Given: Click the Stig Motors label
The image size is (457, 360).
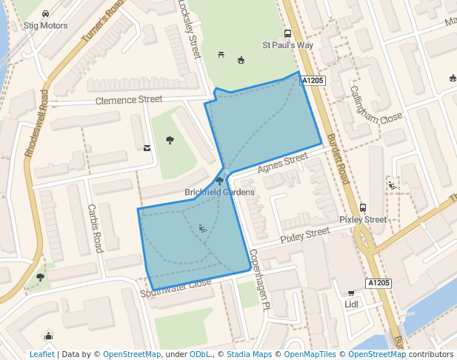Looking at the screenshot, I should click(45, 25).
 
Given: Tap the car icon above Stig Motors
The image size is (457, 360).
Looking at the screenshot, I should click(46, 13).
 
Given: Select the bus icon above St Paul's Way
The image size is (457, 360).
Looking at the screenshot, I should click(287, 33).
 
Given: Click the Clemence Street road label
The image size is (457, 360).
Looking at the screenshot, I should click(129, 99).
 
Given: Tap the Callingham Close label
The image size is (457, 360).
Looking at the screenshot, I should click(376, 104).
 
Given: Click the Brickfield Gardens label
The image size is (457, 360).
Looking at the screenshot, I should click(219, 192).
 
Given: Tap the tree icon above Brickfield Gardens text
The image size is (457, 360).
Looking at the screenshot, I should click(219, 181).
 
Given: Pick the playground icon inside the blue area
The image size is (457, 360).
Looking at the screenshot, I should click(202, 228).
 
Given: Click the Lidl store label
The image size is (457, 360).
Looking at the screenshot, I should click(351, 304).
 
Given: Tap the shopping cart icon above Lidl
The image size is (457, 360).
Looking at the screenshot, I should click(351, 293).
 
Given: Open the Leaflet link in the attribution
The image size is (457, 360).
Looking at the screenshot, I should click(41, 354).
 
